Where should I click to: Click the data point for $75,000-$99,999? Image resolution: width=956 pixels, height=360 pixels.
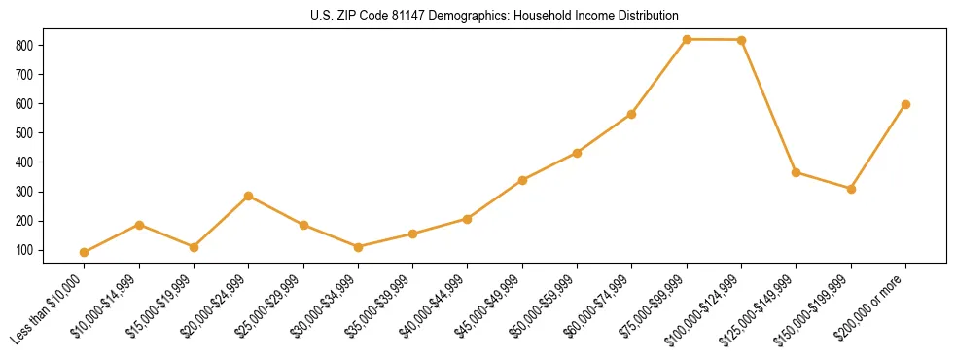[687, 40]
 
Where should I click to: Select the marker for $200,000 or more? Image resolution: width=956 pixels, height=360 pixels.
[905, 104]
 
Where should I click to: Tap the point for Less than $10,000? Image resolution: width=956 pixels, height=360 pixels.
[85, 253]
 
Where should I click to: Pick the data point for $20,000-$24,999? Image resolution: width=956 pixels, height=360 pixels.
[249, 196]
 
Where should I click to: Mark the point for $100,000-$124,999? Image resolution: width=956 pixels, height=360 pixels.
[741, 40]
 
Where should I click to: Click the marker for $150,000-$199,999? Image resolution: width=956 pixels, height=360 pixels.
[851, 189]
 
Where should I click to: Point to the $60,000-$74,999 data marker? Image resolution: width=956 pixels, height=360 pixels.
[632, 114]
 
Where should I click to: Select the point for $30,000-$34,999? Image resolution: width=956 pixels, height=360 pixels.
[358, 247]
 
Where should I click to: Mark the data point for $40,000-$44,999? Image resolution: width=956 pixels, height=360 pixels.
[468, 219]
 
